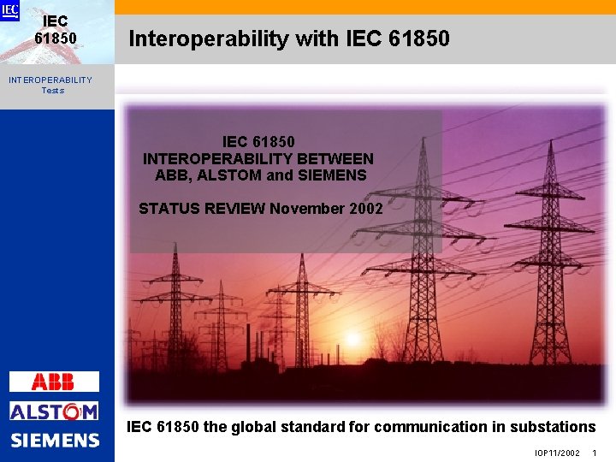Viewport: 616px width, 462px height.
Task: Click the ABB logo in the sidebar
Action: click(54, 382)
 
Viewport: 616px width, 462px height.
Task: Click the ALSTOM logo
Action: click(54, 411)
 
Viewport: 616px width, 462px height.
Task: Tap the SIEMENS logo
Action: click(55, 441)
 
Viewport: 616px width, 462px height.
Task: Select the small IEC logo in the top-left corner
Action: click(9, 10)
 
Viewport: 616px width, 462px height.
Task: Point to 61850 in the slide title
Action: click(418, 38)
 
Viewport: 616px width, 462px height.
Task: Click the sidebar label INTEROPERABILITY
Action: click(50, 80)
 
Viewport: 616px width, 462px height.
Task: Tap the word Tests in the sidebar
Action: click(52, 90)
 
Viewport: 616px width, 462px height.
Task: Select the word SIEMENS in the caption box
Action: click(332, 175)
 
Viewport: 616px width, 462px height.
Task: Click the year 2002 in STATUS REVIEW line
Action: click(365, 208)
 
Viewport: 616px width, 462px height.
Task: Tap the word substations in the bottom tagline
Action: click(553, 426)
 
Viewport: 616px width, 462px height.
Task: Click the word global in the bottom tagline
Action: click(255, 426)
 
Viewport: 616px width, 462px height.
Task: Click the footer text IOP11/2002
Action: click(558, 453)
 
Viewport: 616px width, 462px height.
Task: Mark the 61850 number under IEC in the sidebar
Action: click(56, 38)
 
